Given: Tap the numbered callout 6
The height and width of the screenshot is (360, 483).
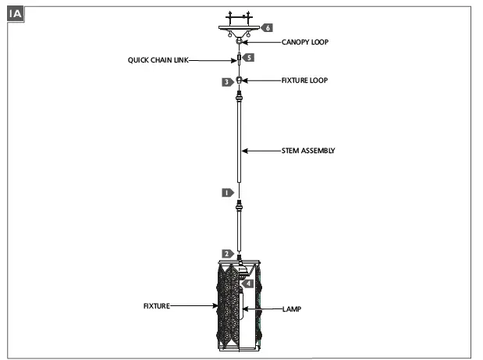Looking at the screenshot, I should pyautogui.click(x=267, y=27).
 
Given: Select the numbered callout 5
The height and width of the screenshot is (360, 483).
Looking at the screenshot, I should pyautogui.click(x=248, y=57).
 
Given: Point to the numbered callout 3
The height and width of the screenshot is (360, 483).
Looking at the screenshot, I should pyautogui.click(x=226, y=81).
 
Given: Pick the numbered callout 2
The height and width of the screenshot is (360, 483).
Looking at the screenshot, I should pyautogui.click(x=226, y=254).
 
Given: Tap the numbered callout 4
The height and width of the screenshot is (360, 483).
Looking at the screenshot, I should pyautogui.click(x=248, y=283).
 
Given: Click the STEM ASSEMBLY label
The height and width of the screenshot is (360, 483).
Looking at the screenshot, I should pyautogui.click(x=308, y=151).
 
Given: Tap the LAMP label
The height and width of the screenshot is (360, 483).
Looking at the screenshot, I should pyautogui.click(x=291, y=309).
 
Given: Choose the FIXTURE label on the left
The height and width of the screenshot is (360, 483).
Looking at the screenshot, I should pyautogui.click(x=156, y=306).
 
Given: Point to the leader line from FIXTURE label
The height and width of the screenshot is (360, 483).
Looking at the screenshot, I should pyautogui.click(x=190, y=306).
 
